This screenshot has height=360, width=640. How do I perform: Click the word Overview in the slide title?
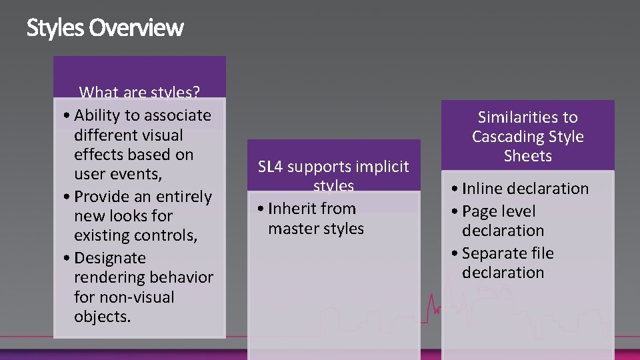[136, 28]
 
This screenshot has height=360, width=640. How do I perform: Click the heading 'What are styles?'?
[139, 93]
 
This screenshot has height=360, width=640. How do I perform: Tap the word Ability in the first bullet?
[97, 115]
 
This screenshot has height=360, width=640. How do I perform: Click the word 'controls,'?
[165, 235]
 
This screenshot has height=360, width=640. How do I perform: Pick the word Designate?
[110, 258]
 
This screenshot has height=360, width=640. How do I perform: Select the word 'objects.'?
[103, 316]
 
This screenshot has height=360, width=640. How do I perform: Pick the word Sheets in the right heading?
[527, 156]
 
